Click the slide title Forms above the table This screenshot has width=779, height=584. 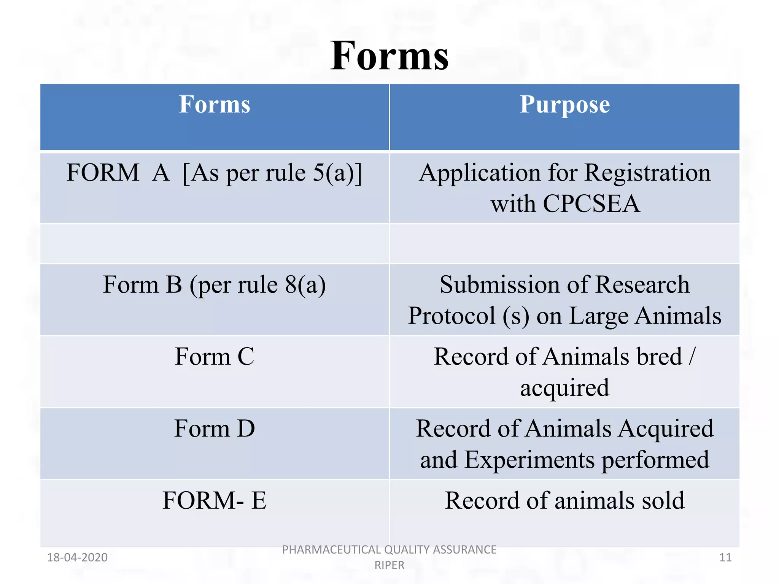pyautogui.click(x=389, y=56)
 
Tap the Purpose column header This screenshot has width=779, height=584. pyautogui.click(x=564, y=105)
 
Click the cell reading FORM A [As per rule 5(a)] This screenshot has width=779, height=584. pyautogui.click(x=215, y=173)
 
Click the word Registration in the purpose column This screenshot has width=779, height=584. pyautogui.click(x=647, y=173)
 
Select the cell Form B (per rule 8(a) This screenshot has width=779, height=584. pyautogui.click(x=215, y=285)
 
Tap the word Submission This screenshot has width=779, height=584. pyautogui.click(x=495, y=285)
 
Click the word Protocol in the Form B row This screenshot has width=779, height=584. pyautogui.click(x=452, y=316)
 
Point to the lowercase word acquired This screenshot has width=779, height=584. pyautogui.click(x=564, y=388)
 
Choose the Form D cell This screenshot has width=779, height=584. pyautogui.click(x=215, y=428)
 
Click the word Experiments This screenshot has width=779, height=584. pyautogui.click(x=529, y=460)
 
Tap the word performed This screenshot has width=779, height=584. pyautogui.click(x=655, y=460)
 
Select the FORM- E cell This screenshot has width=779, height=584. pyautogui.click(x=215, y=500)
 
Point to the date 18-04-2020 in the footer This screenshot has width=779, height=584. pyautogui.click(x=77, y=557)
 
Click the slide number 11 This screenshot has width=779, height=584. pyautogui.click(x=725, y=557)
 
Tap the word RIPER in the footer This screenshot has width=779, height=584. pyautogui.click(x=389, y=565)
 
